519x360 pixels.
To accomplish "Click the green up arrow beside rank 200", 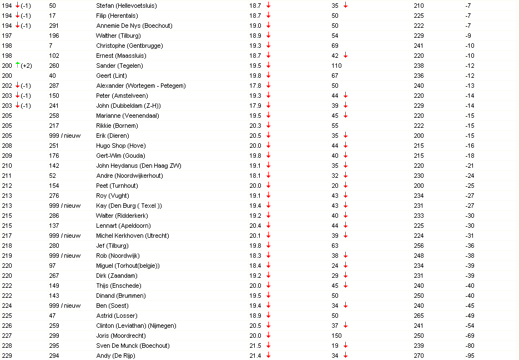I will (x=18, y=64).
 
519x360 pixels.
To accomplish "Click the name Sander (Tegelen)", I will (x=119, y=66).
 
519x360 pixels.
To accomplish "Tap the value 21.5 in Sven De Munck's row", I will (x=255, y=346).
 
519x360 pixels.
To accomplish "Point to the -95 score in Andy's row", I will (x=470, y=356).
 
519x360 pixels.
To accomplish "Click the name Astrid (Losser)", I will (x=117, y=316).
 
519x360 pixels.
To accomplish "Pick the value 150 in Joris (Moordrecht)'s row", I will (x=337, y=336).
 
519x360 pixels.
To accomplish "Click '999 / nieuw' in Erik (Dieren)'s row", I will (x=64, y=136).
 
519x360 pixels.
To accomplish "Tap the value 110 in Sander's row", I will (x=337, y=66).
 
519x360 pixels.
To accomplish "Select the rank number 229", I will (x=7, y=356).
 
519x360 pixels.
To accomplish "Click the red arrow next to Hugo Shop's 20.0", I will (x=269, y=146).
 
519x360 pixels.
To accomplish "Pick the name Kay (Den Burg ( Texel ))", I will (x=129, y=206).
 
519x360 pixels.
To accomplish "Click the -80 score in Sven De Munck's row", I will (x=470, y=346).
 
